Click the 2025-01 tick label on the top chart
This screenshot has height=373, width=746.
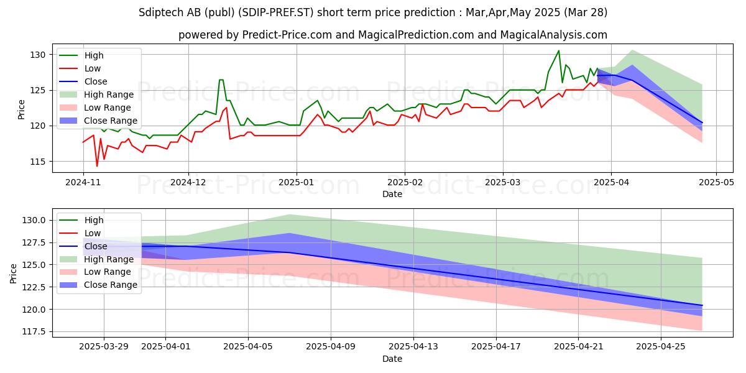tap(296, 183)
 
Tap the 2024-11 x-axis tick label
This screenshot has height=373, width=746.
tap(83, 183)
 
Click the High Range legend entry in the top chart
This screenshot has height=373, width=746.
tap(109, 94)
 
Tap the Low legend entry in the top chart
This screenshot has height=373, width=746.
tap(93, 68)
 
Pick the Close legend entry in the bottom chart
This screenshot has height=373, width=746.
tap(95, 246)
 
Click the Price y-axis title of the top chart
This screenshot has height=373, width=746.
tap(22, 109)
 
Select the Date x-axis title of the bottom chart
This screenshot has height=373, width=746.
tap(392, 359)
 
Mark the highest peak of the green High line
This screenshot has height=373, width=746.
tap(558, 50)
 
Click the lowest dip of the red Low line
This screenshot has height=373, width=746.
tap(97, 166)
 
